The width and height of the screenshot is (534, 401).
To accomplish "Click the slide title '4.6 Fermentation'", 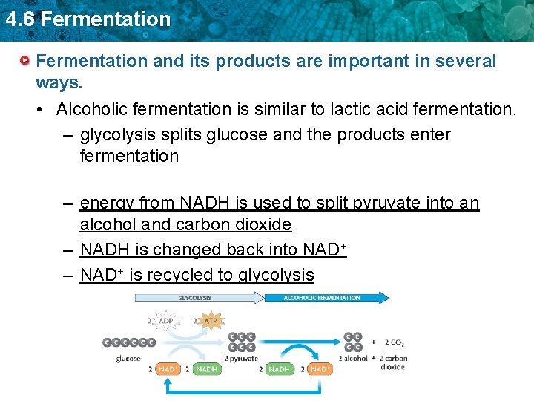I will click(x=87, y=19).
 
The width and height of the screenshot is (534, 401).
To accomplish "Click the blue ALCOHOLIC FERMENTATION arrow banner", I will click(x=326, y=298).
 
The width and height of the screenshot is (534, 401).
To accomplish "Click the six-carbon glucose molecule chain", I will click(x=129, y=342).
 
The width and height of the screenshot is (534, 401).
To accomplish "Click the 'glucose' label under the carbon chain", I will click(x=128, y=358).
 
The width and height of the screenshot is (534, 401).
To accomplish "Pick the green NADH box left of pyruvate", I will click(x=206, y=369).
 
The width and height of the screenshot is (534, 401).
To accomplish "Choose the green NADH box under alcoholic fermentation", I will click(x=279, y=369).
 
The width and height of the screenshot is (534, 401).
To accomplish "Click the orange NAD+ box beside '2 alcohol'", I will click(x=318, y=369).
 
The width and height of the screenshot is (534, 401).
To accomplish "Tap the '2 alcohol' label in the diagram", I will click(x=353, y=358).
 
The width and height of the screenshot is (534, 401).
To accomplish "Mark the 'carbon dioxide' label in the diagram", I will click(x=393, y=362).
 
